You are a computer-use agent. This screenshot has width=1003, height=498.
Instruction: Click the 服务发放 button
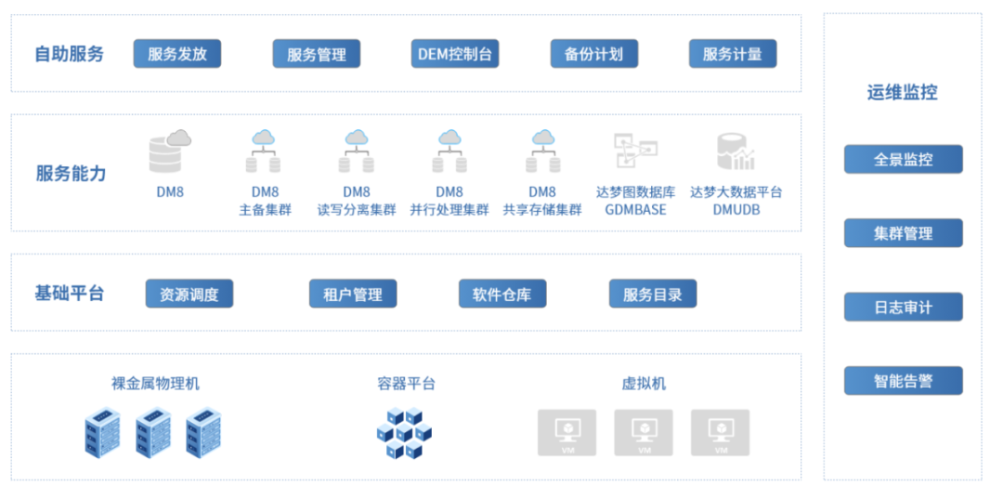click(176, 53)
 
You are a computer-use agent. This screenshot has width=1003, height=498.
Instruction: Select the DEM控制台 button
click(455, 53)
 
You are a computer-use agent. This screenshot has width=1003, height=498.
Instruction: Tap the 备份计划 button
click(593, 53)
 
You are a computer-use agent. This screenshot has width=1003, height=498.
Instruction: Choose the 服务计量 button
click(732, 53)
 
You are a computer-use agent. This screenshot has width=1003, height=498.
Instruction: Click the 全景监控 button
click(903, 159)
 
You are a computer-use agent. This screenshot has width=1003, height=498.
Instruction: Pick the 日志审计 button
click(903, 307)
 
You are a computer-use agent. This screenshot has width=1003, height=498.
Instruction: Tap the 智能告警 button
click(903, 381)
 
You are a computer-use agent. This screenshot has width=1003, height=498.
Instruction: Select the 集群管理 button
click(903, 233)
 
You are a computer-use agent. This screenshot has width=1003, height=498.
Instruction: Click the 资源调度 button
click(189, 294)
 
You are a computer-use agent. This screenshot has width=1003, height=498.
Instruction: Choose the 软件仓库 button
click(501, 294)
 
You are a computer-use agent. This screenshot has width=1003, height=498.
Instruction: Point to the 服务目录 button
click(652, 294)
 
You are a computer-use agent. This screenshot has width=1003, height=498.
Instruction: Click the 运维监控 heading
click(902, 92)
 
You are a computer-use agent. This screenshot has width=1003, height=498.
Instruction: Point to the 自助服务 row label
click(70, 54)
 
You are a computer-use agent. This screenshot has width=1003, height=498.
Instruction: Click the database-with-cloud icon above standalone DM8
click(170, 151)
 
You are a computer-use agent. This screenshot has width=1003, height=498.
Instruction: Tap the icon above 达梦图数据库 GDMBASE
click(635, 151)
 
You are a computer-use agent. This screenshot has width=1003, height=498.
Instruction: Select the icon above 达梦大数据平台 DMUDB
click(736, 152)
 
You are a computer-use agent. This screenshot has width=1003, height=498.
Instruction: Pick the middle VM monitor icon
click(644, 432)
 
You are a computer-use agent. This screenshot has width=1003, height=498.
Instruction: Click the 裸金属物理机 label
click(155, 383)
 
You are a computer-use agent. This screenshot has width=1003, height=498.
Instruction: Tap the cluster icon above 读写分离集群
click(357, 151)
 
